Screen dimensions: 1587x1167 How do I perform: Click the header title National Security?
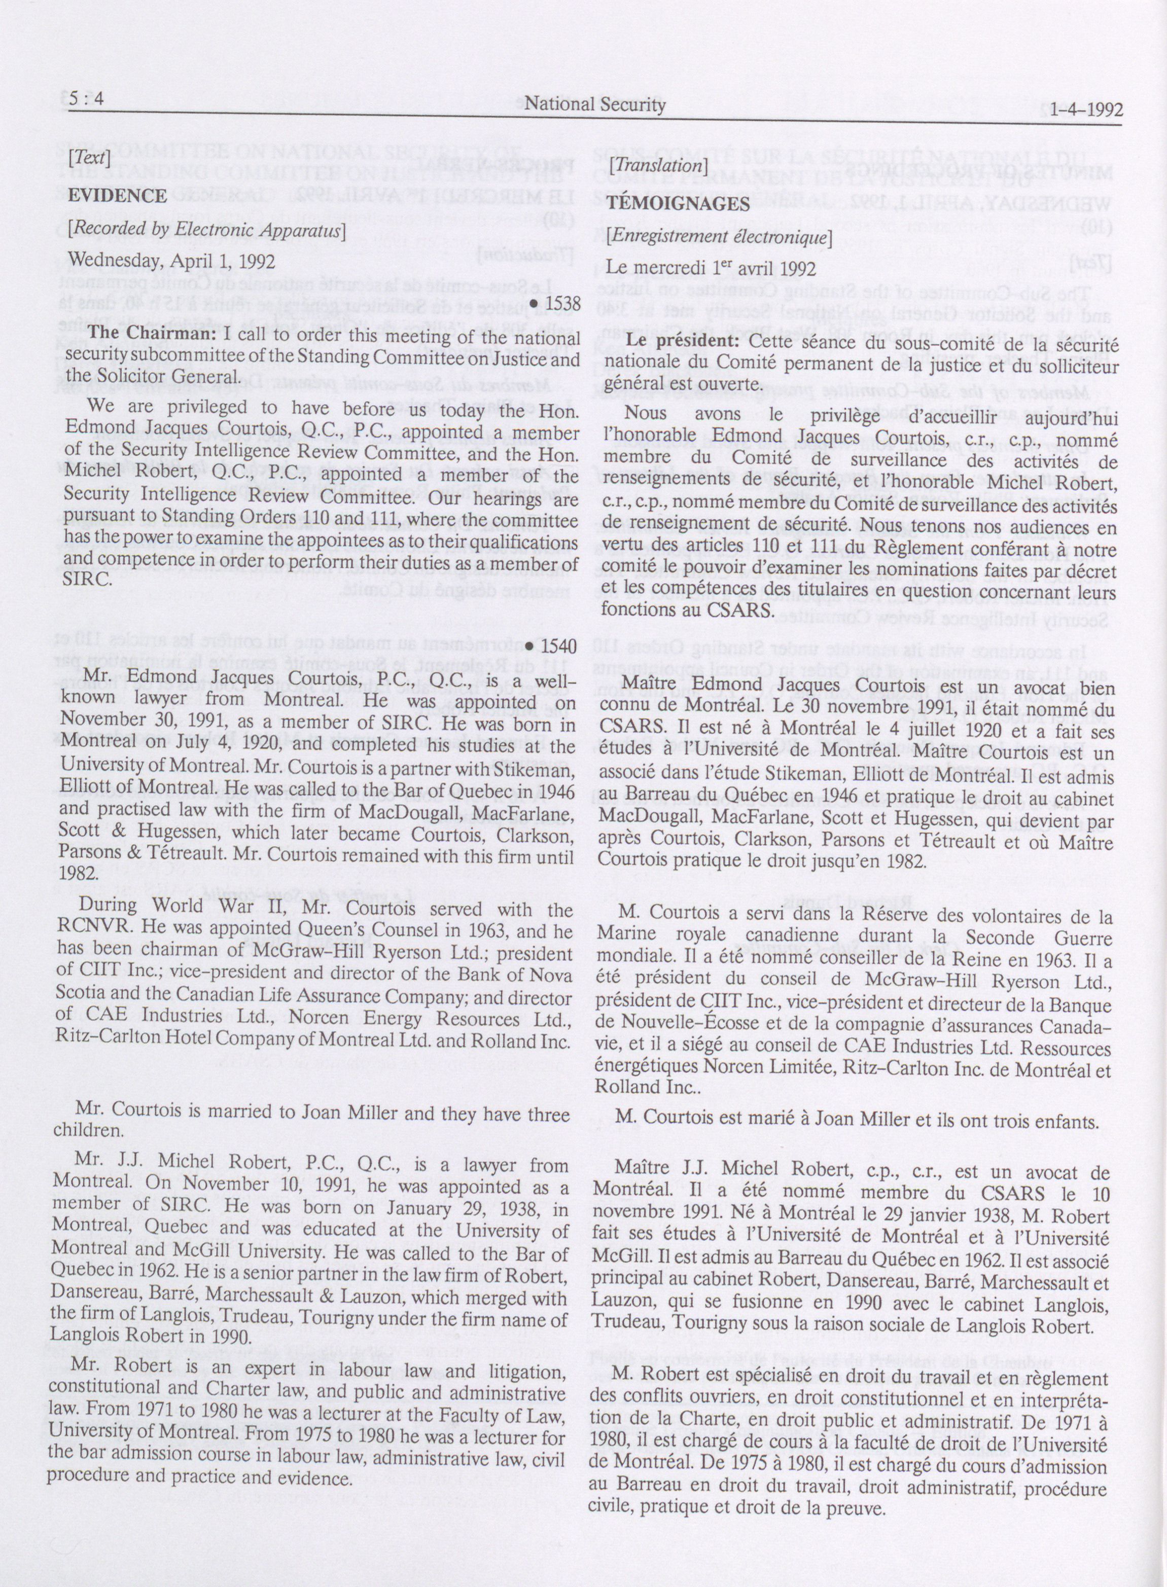pyautogui.click(x=595, y=105)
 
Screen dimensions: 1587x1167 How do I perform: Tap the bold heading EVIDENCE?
pyautogui.click(x=117, y=196)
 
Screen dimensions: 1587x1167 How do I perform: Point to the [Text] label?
pyautogui.click(x=90, y=158)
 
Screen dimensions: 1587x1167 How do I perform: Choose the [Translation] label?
pyautogui.click(x=658, y=165)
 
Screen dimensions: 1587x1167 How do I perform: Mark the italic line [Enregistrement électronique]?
pyautogui.click(x=719, y=237)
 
